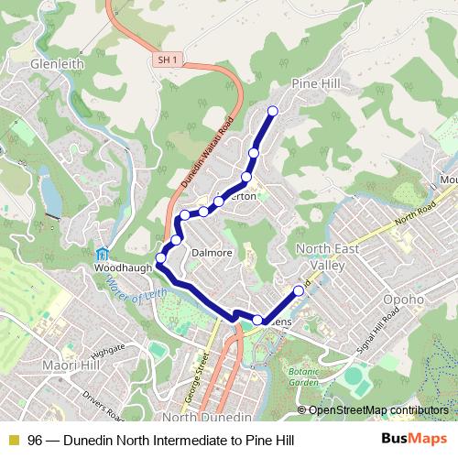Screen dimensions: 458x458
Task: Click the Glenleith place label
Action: coord(57,64)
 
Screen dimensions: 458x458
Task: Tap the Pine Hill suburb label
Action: coord(317,83)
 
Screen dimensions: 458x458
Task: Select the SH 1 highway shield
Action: coord(165,60)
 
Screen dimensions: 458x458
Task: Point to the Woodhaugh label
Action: coord(120,269)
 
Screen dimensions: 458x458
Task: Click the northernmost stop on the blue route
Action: coord(271,112)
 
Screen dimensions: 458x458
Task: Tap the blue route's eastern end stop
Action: coord(298,291)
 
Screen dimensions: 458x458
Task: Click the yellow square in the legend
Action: coord(13,441)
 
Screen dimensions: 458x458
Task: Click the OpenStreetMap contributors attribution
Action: coord(377,409)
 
